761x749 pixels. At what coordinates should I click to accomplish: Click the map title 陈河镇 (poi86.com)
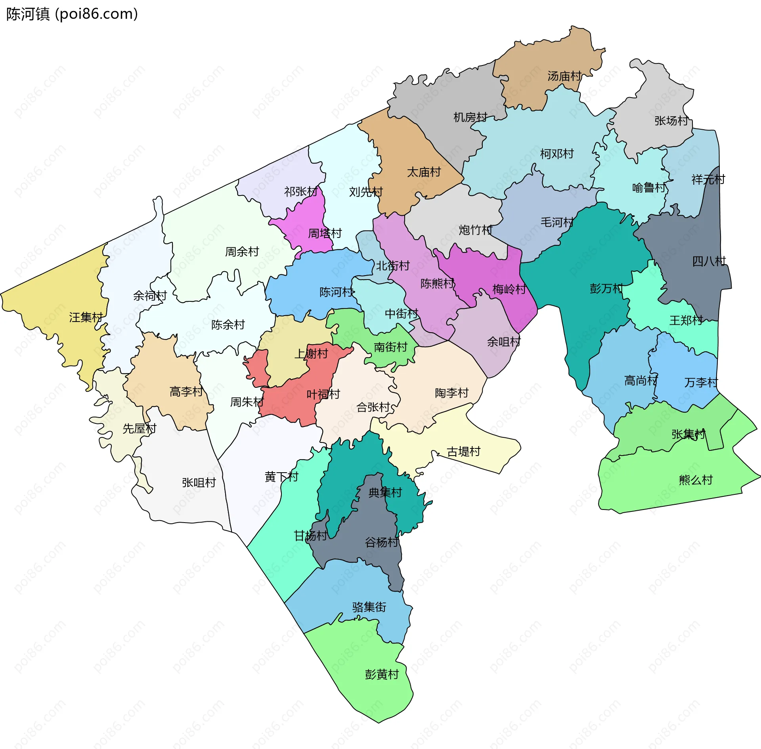coord(72,14)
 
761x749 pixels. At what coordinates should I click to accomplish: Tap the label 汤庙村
coord(564,76)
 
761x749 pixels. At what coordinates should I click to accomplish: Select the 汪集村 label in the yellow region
coord(86,317)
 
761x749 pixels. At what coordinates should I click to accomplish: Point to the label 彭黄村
coord(382,674)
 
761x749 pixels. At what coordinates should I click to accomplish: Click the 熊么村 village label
coord(696,480)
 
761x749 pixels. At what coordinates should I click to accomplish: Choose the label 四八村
coord(709,261)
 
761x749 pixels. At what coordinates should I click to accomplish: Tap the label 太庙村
coord(424,172)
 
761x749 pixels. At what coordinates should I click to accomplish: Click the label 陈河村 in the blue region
coord(336,292)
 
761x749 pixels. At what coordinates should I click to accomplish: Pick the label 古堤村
coord(463,452)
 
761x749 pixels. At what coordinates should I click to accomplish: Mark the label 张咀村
coord(199,483)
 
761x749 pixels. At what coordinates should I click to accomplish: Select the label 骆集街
coord(369,607)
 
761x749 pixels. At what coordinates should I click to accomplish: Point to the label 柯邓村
coord(557,153)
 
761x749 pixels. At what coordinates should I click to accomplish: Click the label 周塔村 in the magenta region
coord(325,233)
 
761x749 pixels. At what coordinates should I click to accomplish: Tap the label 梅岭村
coord(509,289)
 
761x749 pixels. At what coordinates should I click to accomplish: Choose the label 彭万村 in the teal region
coord(606,288)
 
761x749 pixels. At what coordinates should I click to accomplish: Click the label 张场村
coord(671,121)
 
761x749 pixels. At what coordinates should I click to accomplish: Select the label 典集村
coord(385,492)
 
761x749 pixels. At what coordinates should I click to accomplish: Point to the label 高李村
coord(186,392)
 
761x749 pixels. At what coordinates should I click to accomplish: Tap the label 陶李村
coord(451,393)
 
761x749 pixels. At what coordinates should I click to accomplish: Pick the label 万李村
coord(701,383)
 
